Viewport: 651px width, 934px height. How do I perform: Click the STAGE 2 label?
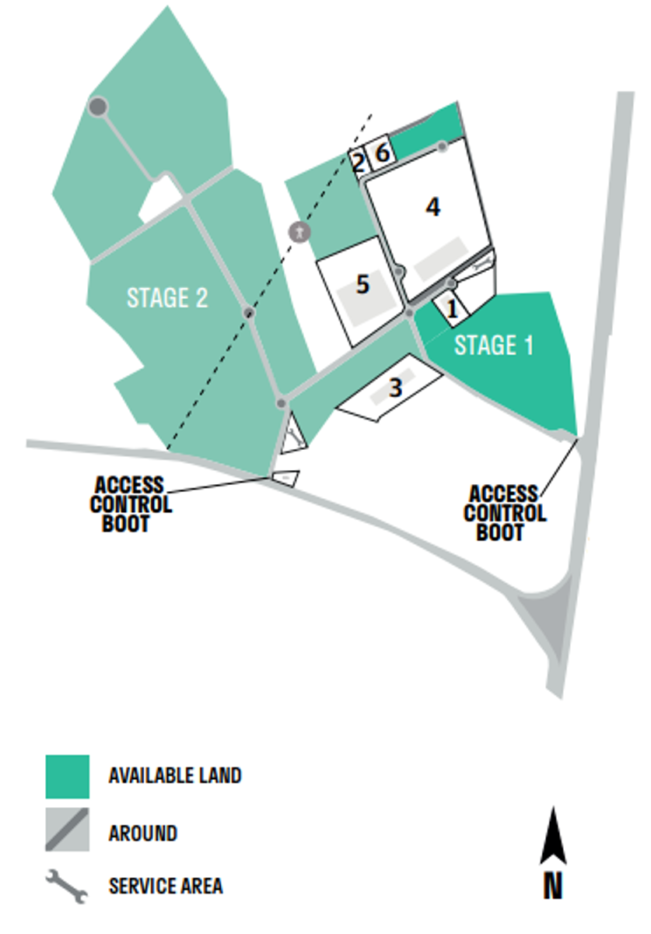pyautogui.click(x=167, y=297)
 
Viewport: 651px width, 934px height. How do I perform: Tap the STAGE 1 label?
pyautogui.click(x=493, y=346)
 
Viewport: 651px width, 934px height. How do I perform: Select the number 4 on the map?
pyautogui.click(x=433, y=207)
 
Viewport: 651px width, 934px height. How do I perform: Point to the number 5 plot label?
pyautogui.click(x=362, y=284)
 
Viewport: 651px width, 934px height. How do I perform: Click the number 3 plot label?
pyautogui.click(x=395, y=388)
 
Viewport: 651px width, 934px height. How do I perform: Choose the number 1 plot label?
pyautogui.click(x=452, y=309)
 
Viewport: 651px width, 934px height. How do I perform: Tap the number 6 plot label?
pyautogui.click(x=383, y=153)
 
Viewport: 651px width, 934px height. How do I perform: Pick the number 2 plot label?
pyautogui.click(x=358, y=163)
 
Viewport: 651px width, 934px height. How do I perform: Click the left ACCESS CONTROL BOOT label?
pyautogui.click(x=131, y=504)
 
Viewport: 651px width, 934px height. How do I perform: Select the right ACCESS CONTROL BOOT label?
pyautogui.click(x=505, y=513)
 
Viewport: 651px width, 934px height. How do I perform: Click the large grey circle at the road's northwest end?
pyautogui.click(x=98, y=107)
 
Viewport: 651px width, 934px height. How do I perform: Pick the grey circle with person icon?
pyautogui.click(x=299, y=232)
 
